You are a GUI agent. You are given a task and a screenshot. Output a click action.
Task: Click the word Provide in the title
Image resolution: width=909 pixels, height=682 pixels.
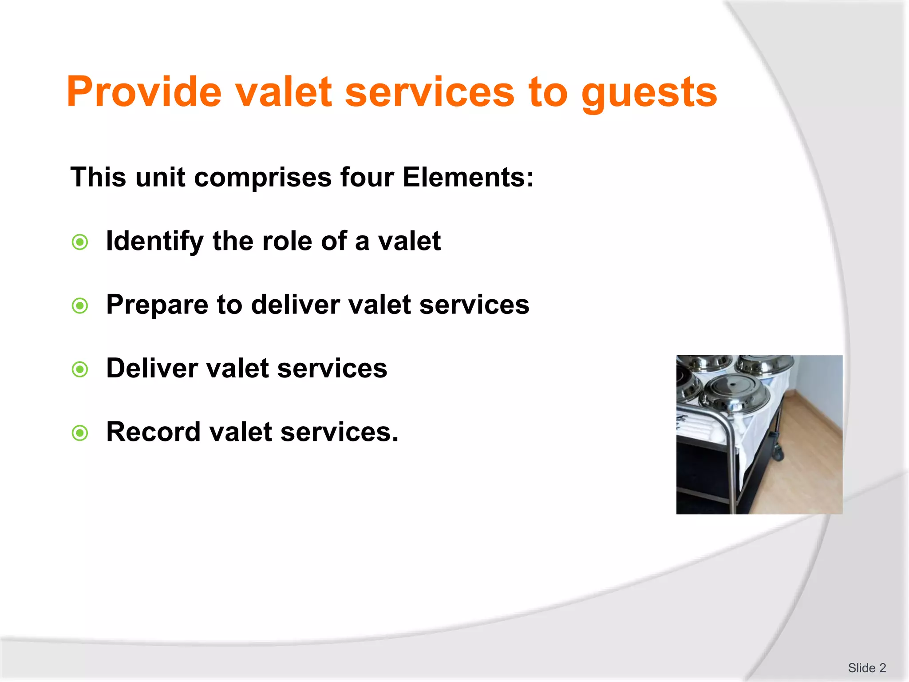[144, 92]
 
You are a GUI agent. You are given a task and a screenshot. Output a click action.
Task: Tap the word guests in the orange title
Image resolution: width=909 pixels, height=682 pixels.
[649, 93]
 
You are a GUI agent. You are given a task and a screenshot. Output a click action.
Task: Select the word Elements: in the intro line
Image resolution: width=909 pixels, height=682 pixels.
[468, 177]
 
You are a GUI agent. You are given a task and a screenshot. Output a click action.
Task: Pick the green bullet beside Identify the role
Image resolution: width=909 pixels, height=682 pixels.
[80, 242]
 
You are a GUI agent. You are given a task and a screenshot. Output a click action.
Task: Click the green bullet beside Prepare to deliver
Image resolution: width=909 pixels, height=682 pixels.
[80, 305]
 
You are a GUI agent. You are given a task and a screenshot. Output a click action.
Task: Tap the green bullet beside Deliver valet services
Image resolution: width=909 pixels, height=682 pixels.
[80, 369]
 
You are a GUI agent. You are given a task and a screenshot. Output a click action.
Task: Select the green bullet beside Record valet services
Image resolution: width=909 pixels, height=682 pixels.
[80, 433]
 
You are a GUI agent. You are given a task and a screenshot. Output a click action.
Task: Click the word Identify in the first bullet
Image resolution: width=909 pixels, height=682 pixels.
[154, 242]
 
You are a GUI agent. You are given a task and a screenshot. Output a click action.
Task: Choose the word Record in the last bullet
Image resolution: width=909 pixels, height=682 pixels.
[153, 432]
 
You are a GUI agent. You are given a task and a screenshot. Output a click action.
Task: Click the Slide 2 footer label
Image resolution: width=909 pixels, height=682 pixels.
[866, 668]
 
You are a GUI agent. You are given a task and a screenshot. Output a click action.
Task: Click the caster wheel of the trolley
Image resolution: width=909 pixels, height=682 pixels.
[778, 453]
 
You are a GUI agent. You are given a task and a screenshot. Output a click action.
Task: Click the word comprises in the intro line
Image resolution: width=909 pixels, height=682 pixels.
[263, 178]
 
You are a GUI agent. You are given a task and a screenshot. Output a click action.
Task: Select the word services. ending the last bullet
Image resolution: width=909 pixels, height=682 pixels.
[339, 432]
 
